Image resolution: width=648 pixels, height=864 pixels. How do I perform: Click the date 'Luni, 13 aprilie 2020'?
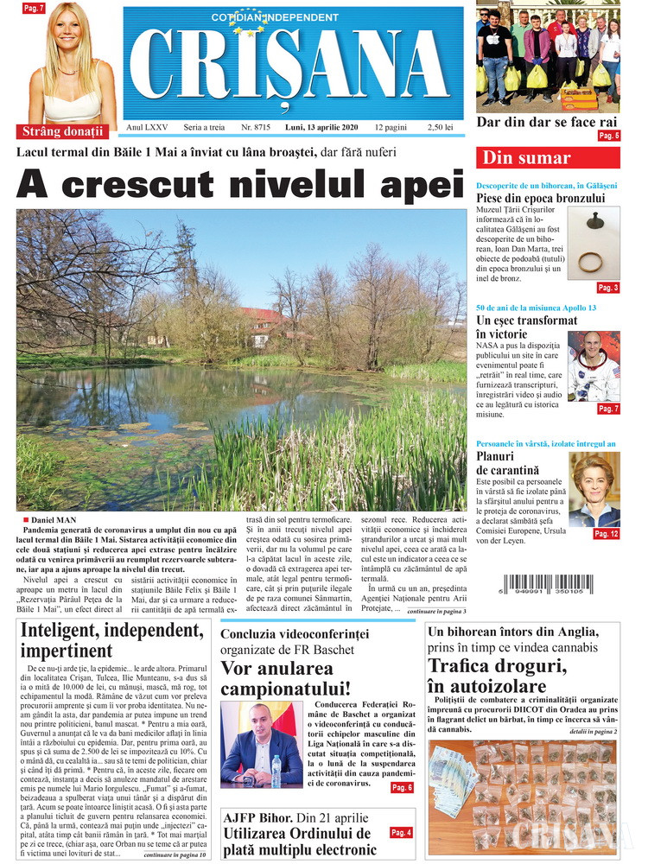coord(321,127)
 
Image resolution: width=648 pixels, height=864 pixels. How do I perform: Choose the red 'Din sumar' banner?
coord(526,158)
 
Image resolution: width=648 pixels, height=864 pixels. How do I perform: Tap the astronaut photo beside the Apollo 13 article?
coord(594,365)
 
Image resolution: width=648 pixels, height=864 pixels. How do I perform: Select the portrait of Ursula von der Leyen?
coord(594,490)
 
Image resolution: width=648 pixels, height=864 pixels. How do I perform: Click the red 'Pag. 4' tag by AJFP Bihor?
coord(401,832)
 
